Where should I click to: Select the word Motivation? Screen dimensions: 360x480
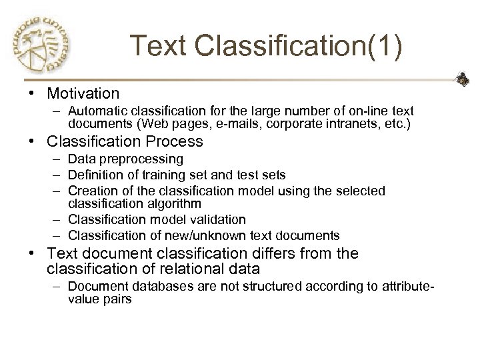(83, 93)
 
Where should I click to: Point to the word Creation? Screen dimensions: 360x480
(89, 191)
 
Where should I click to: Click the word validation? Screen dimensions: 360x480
(215, 219)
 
